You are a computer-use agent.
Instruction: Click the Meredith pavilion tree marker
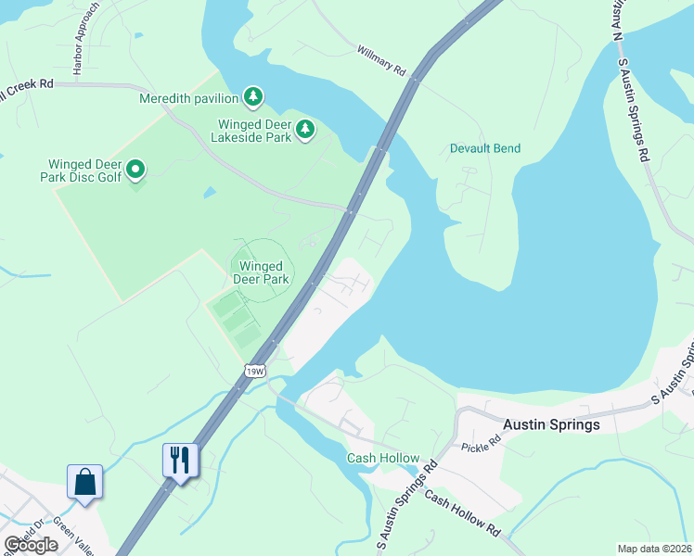pos(252,97)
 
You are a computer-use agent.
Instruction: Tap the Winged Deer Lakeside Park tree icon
pos(304,129)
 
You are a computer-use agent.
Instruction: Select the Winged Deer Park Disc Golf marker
pos(135,169)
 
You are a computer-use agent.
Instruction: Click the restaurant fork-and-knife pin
pos(180,460)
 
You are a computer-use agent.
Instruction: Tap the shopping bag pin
pos(84,482)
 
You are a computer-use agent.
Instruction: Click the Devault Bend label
pos(485,148)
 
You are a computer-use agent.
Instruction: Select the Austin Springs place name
pos(550,424)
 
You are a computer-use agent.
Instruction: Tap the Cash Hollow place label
pos(382,459)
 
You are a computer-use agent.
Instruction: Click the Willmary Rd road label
pos(382,59)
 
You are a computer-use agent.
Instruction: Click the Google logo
pos(31,545)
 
